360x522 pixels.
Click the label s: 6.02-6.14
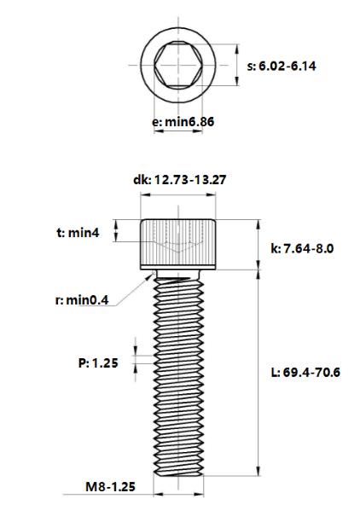[x=282, y=66]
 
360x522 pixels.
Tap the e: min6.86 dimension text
[x=183, y=122]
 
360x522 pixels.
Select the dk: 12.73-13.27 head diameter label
[x=179, y=180]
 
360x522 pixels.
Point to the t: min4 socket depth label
[x=78, y=232]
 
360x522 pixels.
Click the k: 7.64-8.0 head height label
[x=302, y=248]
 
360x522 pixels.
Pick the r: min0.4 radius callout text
[x=82, y=300]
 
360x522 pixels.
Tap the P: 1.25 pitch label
[x=98, y=362]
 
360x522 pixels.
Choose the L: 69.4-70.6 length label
[x=305, y=372]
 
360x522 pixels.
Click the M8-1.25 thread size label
[x=111, y=487]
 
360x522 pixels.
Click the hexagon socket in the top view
[x=178, y=65]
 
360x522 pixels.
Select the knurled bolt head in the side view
[x=178, y=244]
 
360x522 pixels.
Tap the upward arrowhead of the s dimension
[x=237, y=49]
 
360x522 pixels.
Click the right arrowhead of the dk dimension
[x=212, y=194]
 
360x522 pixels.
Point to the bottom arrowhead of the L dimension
[x=258, y=471]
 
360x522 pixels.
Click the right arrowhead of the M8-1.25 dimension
[x=199, y=495]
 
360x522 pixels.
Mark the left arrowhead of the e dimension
[x=159, y=131]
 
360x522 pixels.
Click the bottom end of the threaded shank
[x=178, y=476]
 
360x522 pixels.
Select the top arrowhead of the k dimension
[x=258, y=224]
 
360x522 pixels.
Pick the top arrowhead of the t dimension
[x=116, y=224]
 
